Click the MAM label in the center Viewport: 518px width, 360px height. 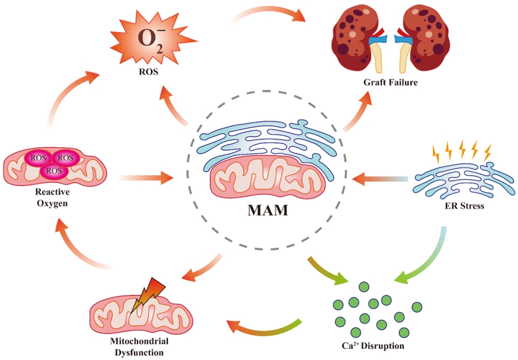click(x=267, y=210)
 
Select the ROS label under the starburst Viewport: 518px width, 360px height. click(x=148, y=71)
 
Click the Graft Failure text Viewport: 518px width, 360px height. click(x=390, y=82)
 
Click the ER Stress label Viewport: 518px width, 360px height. click(x=464, y=206)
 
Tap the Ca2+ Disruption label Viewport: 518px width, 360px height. click(x=372, y=346)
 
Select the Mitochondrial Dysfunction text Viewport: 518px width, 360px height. click(x=139, y=347)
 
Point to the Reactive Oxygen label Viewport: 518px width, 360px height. click(x=52, y=198)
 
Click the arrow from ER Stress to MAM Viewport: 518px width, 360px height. click(x=380, y=179)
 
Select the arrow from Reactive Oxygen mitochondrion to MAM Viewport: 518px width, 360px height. click(x=146, y=178)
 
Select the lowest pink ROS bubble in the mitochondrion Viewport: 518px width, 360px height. click(x=54, y=171)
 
